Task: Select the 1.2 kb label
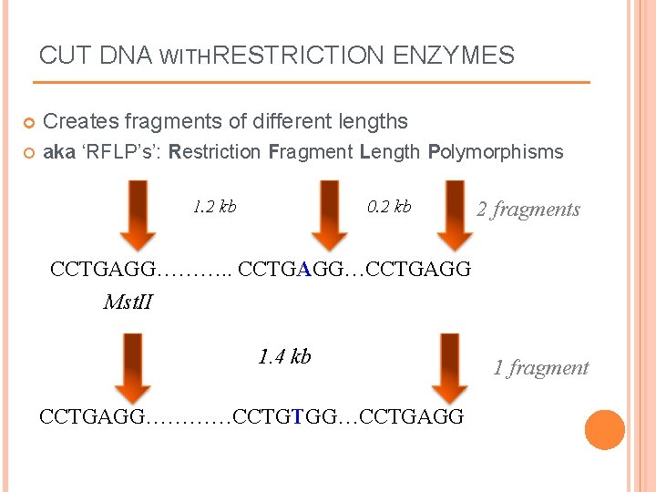tap(215, 207)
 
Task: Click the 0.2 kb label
tap(389, 207)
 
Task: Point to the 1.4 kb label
tap(284, 356)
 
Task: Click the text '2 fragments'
tap(528, 210)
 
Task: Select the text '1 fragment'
tap(541, 368)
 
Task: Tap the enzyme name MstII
tap(128, 301)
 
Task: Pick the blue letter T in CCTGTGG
tap(298, 417)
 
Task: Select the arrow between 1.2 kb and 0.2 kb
tap(316, 215)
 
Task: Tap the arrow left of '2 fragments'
tap(450, 215)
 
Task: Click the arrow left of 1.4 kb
tap(137, 367)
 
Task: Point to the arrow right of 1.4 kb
tap(449, 367)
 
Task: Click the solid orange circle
tap(605, 430)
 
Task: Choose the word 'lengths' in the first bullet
tap(374, 121)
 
